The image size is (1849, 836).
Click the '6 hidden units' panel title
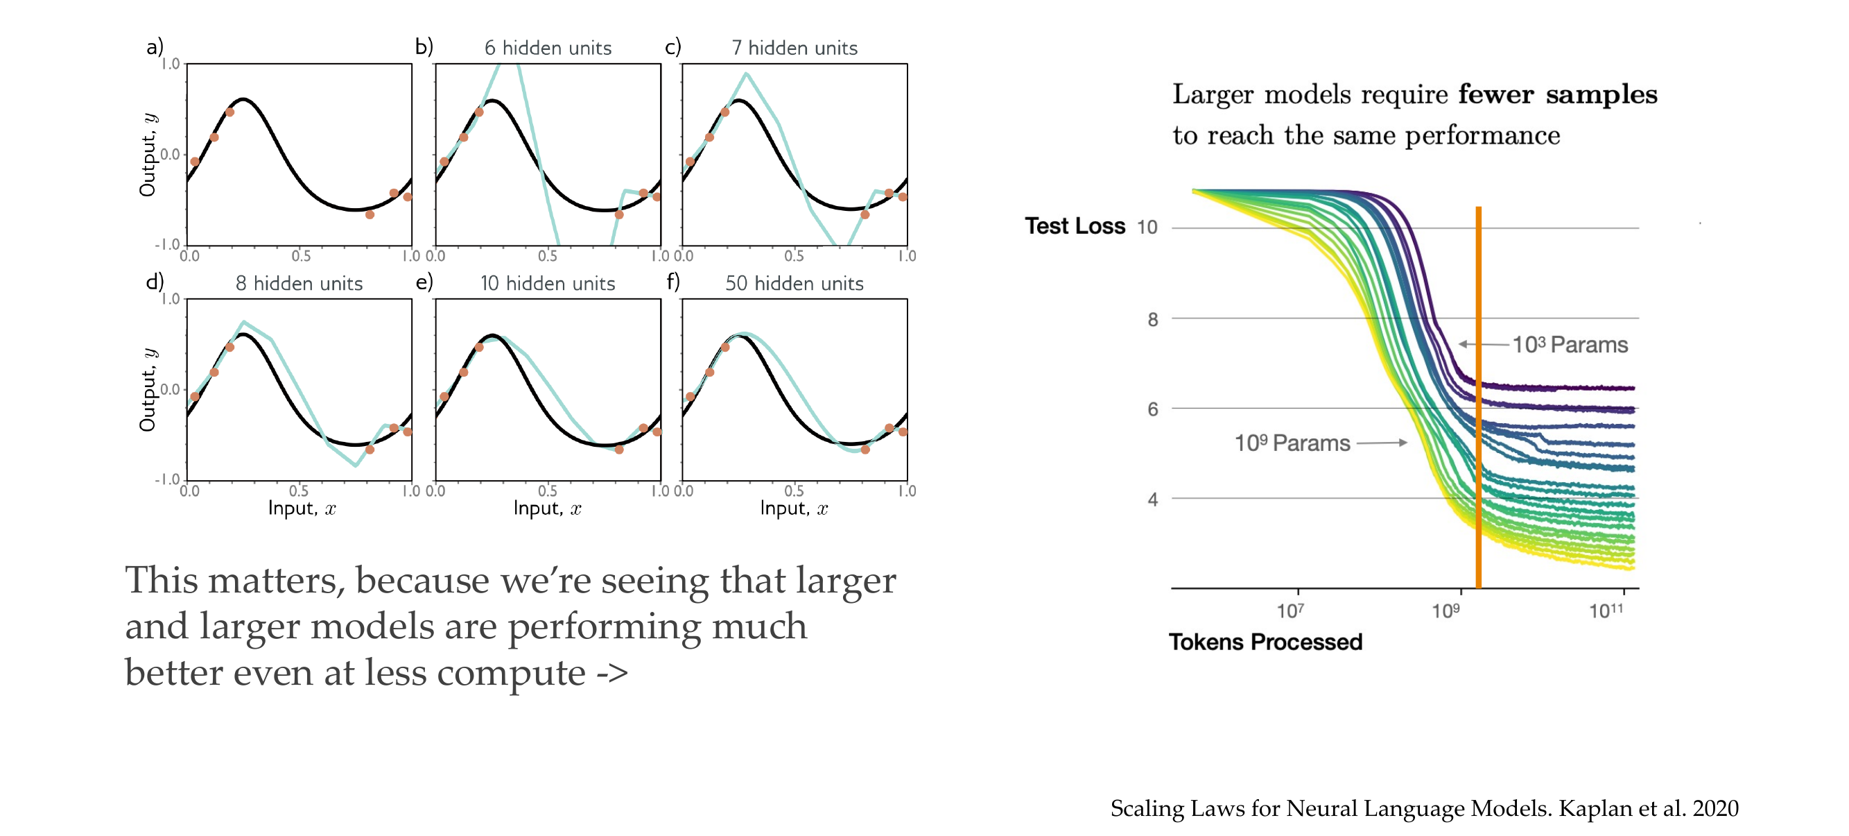tap(548, 47)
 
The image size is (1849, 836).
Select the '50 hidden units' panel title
tap(794, 283)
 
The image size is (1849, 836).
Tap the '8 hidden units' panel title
tap(299, 283)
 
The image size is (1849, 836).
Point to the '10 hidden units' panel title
tap(548, 283)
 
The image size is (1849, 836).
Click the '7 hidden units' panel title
tap(794, 47)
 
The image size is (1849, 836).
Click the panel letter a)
tap(155, 46)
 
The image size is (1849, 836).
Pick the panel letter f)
tap(672, 281)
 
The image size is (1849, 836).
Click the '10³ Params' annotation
tap(1570, 345)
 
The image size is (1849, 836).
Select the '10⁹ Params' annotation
tap(1292, 443)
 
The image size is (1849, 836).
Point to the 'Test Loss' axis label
tap(1075, 225)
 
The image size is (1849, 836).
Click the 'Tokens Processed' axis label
tap(1265, 641)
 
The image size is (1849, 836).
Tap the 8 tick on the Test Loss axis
tap(1153, 319)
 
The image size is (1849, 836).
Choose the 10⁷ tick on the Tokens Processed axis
tap(1290, 611)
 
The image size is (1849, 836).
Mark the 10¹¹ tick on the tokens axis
tap(1606, 611)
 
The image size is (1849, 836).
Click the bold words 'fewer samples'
tap(1558, 94)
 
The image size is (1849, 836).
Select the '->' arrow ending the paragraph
tap(611, 673)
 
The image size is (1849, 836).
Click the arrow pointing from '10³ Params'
tap(1483, 344)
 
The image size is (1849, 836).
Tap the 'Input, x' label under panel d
tap(302, 509)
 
